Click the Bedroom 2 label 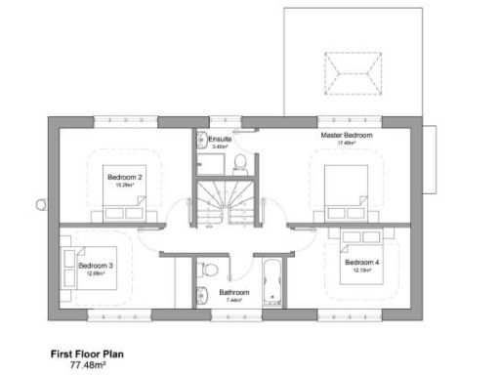click(x=126, y=177)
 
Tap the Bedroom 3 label click(x=96, y=266)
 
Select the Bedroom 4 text click(x=362, y=263)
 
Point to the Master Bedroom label click(x=346, y=135)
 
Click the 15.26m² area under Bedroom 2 click(x=126, y=185)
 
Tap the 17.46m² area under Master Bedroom click(x=346, y=143)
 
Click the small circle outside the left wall click(x=40, y=204)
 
